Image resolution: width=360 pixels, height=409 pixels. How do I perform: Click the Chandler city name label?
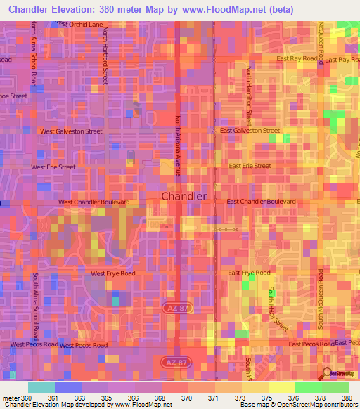pyautogui.click(x=184, y=197)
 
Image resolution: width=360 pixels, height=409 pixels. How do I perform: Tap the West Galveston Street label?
pyautogui.click(x=71, y=131)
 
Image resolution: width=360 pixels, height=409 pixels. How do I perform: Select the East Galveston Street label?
pyautogui.click(x=250, y=131)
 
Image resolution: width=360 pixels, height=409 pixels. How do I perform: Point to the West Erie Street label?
pyautogui.click(x=53, y=167)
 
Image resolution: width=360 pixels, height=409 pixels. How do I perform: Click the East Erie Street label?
pyautogui.click(x=250, y=166)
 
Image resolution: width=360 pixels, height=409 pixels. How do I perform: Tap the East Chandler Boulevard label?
pyautogui.click(x=262, y=202)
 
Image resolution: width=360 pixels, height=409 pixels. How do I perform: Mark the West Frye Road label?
pyautogui.click(x=112, y=273)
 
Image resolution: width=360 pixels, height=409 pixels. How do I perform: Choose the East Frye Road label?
pyautogui.click(x=249, y=273)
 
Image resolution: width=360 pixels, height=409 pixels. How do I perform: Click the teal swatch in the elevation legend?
pyautogui.click(x=41, y=387)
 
